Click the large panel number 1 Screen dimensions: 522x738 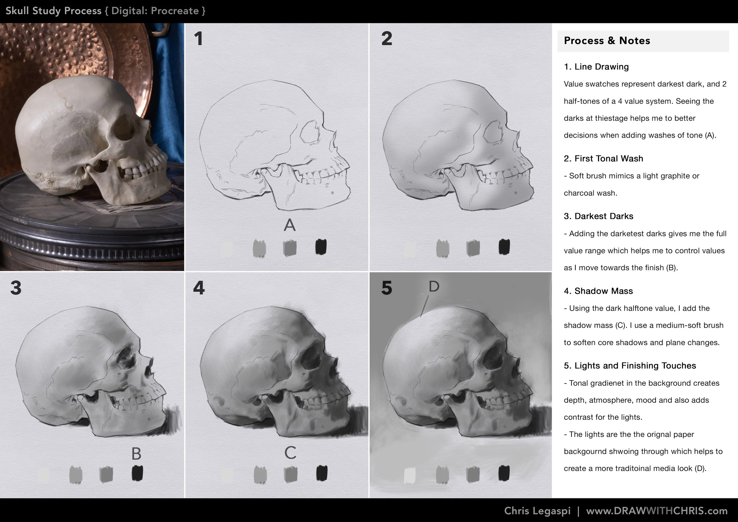click(x=198, y=39)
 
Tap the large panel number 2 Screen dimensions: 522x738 click(x=387, y=39)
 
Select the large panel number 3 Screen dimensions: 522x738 click(x=16, y=288)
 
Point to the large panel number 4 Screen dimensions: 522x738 click(x=199, y=288)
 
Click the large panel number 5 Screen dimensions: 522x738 click(x=387, y=288)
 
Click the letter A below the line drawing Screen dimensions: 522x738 click(x=290, y=225)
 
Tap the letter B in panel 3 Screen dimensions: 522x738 click(x=136, y=454)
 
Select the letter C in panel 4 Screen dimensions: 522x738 click(x=290, y=453)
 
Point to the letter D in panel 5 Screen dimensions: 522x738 click(x=434, y=286)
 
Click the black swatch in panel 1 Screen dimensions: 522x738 click(x=321, y=247)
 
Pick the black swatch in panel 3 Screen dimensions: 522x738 click(x=137, y=473)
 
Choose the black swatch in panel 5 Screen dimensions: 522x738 click(x=504, y=473)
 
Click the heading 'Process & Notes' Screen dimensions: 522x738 click(x=607, y=41)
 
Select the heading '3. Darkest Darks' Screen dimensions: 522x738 click(x=598, y=216)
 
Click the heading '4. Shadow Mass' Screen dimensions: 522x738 click(x=598, y=291)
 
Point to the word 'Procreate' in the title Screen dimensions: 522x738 click(x=175, y=11)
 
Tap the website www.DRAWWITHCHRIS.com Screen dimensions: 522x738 click(x=657, y=511)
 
